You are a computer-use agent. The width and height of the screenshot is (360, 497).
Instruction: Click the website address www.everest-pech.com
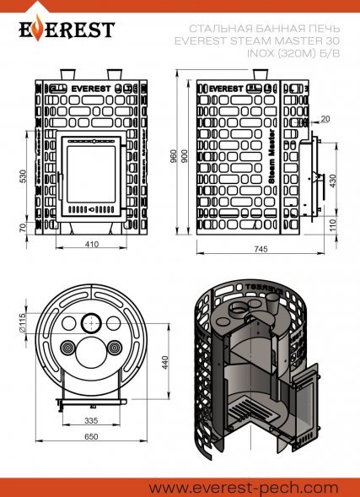coord(243,487)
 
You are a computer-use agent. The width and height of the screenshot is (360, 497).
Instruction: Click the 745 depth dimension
coord(259,251)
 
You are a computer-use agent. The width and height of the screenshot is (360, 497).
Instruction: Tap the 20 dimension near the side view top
coord(325,118)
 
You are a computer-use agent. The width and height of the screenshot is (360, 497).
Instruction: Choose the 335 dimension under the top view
coord(90,419)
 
